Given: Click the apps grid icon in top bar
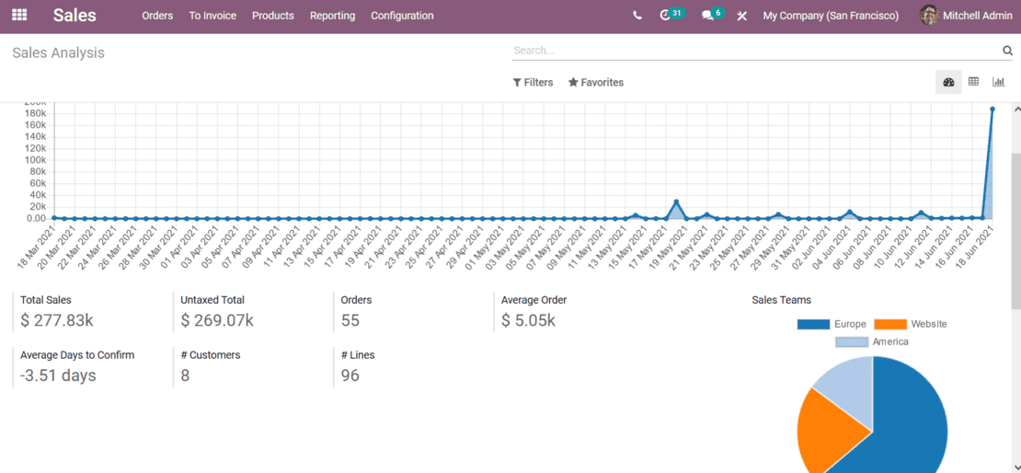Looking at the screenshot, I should pos(19,16).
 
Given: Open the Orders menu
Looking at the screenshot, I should pos(157,16).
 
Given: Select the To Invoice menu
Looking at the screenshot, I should pos(212,16).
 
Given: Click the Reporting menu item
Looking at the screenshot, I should pos(332,16).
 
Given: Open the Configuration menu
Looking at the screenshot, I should pos(402,16).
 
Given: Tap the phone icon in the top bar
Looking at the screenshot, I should pos(637,16).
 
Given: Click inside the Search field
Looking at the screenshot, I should pos(754,51).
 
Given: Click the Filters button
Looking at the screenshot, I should pos(533,83).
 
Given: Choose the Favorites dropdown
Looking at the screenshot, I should pos(596,83).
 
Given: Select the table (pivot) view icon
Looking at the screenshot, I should pos(973,82).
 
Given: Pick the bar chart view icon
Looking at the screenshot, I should pos(998,82).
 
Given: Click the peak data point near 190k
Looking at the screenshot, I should pos(992,109).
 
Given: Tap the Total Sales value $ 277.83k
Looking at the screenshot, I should pos(57,321).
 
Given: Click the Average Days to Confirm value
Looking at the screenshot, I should pos(58,375).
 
